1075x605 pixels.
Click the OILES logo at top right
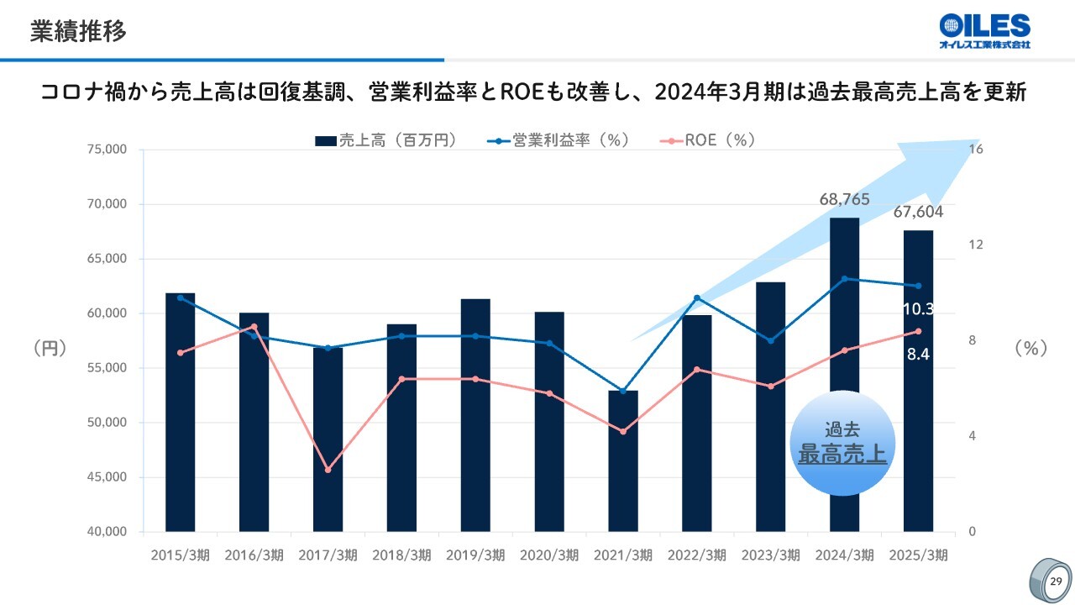[984, 31]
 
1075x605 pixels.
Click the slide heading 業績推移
[78, 32]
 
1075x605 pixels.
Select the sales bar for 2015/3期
[180, 412]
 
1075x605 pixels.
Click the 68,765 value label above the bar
[844, 200]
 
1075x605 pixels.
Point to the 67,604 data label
[918, 212]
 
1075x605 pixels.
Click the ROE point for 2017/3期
[328, 470]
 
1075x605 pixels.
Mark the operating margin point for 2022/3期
[697, 297]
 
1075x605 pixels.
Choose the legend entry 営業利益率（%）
[558, 140]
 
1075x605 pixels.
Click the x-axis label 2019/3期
[475, 555]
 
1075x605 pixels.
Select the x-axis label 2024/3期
[845, 555]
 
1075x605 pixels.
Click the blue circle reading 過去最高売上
[842, 443]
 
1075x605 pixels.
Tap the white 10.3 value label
[918, 309]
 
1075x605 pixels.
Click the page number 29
[1057, 581]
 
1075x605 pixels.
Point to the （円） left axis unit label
[50, 348]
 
